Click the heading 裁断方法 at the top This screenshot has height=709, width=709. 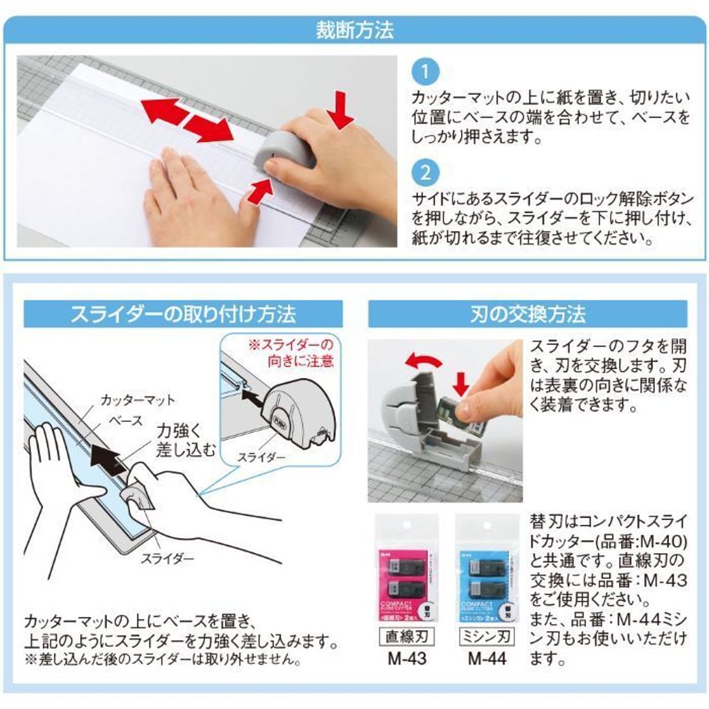tap(354, 30)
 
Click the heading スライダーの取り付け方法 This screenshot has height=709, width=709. tap(183, 314)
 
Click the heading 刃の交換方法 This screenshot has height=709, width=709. tap(528, 314)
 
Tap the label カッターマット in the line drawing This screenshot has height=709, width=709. tap(138, 400)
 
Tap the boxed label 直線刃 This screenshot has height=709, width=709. tap(406, 635)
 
